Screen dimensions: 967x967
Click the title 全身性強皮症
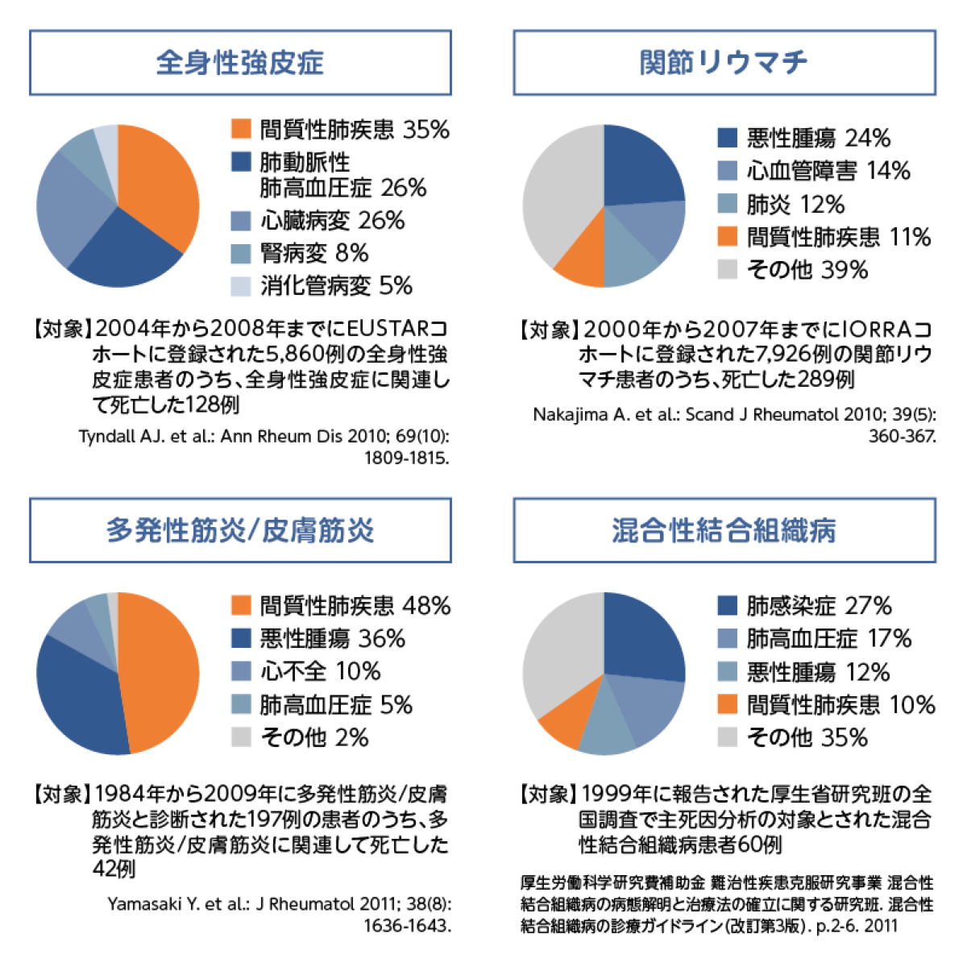(x=240, y=63)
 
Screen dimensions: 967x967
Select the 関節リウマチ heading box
(x=724, y=63)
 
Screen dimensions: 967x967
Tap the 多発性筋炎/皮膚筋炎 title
(x=240, y=530)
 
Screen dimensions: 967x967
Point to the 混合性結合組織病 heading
(x=724, y=530)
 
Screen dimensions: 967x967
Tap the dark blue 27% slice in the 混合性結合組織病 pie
(x=641, y=637)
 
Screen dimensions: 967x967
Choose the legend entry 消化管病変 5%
(x=335, y=286)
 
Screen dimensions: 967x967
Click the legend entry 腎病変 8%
(x=313, y=253)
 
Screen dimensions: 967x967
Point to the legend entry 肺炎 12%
(x=795, y=204)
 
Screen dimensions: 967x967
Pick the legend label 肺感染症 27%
(x=819, y=606)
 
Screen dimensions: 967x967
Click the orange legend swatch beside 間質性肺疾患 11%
(x=728, y=237)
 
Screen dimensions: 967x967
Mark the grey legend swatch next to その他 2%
(x=241, y=737)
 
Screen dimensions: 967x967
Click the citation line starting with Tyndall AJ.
(x=264, y=437)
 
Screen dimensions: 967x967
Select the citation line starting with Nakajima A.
(x=733, y=415)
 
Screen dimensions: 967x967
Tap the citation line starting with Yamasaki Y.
(x=279, y=904)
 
